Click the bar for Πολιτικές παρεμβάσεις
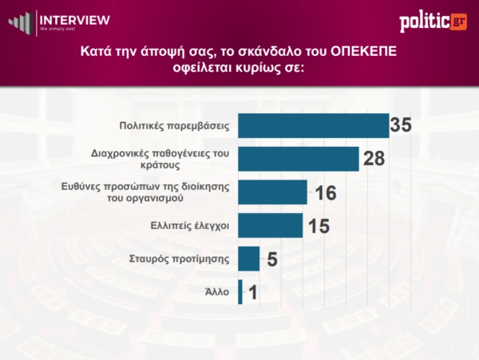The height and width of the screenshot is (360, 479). pos(314,125)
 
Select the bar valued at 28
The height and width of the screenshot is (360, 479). pos(299,159)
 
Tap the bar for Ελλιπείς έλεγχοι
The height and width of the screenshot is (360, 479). pos(271,225)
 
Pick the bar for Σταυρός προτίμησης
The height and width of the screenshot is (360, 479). pos(249,259)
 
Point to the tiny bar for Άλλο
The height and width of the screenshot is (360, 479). pos(239,291)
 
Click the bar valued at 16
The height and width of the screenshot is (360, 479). pos(273,192)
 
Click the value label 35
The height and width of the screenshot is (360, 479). pos(402,125)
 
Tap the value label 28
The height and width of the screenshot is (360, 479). pos(374,159)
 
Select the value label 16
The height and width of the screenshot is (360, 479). pos(325,192)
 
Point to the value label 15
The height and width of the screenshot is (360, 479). pos(319,226)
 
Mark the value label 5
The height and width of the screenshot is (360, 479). pos(271,259)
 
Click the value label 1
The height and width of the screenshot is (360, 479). pos(252,293)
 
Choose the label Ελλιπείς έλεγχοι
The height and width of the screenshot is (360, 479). pos(190,226)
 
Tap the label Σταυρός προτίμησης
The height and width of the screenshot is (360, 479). pos(180,259)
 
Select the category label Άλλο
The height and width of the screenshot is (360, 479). pos(216,292)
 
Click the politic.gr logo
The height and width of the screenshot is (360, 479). pos(433,21)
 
